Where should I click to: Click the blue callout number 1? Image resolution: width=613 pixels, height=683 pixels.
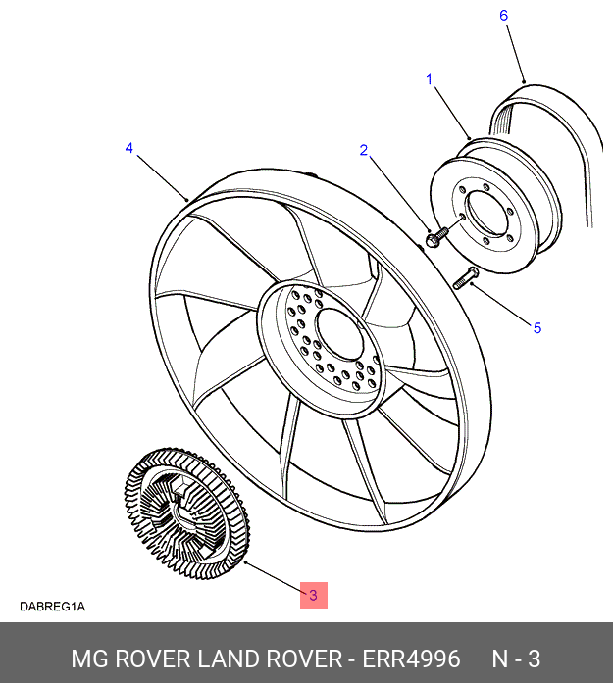coord(429,79)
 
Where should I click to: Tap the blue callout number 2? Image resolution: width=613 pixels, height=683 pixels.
coord(364,150)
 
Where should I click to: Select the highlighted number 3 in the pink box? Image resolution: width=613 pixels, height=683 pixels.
coord(313,595)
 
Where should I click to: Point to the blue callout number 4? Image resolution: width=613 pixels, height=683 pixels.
coord(129,148)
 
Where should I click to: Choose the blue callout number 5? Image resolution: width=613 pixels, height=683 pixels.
coord(537,328)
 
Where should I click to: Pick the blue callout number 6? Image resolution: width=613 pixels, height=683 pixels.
coord(503,16)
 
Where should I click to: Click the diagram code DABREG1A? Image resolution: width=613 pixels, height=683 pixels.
coord(52,607)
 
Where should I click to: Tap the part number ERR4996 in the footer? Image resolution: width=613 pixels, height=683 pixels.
coord(411,659)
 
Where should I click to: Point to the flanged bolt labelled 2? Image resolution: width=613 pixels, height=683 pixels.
coord(436,237)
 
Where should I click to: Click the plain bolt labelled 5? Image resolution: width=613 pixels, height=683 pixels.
coord(466,278)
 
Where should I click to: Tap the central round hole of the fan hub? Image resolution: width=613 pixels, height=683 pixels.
coord(339,334)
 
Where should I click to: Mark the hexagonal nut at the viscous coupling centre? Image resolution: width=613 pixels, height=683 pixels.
coord(179,487)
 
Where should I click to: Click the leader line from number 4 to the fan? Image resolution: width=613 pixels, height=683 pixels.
coord(163,177)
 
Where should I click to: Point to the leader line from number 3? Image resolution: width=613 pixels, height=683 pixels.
coord(275,577)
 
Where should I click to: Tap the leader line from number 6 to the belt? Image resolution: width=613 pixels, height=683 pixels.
coord(515,54)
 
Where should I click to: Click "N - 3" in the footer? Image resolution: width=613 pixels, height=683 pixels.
coord(516,659)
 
